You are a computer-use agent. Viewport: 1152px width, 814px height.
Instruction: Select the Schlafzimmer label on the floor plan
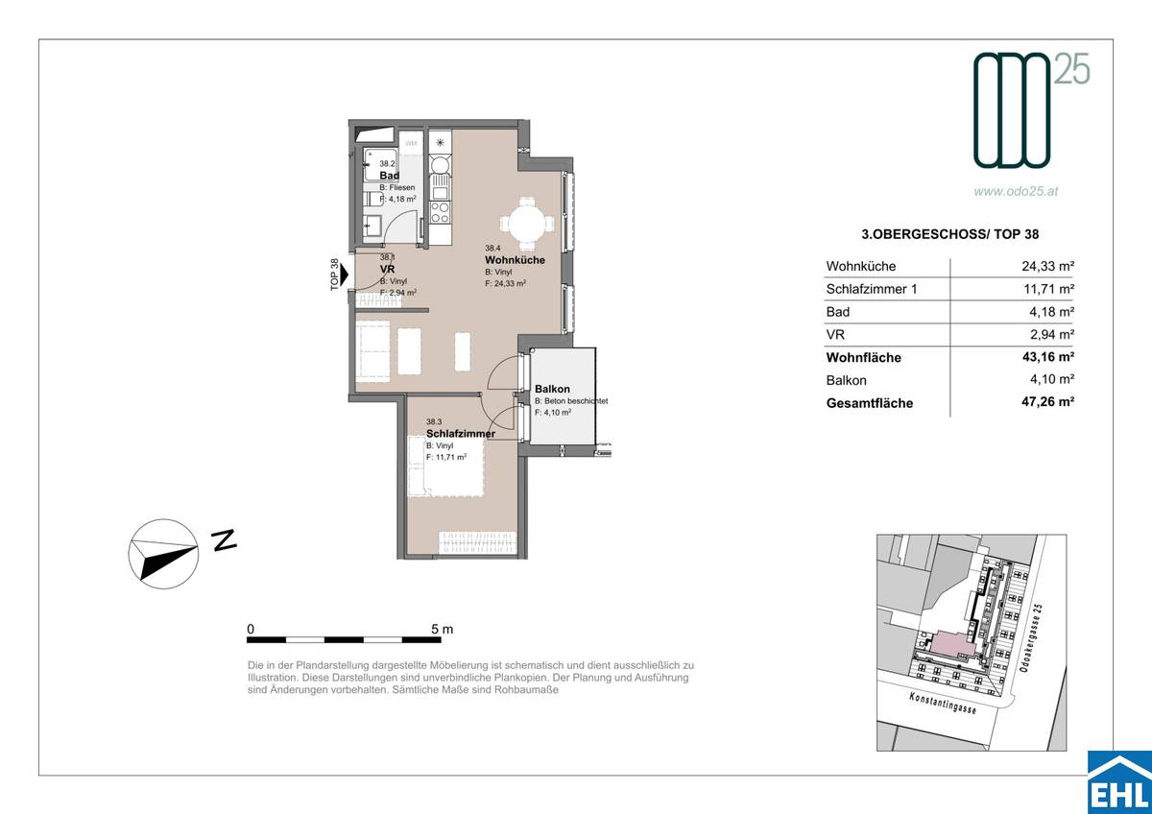(461, 434)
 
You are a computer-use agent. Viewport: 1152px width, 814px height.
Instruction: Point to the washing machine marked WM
(411, 144)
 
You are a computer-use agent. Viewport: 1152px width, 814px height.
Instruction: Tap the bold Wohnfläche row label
(863, 358)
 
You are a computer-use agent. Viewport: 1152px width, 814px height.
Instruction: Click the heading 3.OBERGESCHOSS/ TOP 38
(947, 233)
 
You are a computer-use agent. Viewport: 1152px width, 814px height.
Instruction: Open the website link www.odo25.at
(1017, 192)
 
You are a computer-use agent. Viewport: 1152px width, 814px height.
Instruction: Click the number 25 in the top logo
(1073, 69)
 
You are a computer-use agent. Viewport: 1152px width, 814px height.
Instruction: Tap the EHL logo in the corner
(1118, 782)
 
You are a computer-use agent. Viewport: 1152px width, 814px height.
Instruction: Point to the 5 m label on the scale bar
(442, 630)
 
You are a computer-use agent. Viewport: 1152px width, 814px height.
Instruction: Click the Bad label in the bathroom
(389, 177)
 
